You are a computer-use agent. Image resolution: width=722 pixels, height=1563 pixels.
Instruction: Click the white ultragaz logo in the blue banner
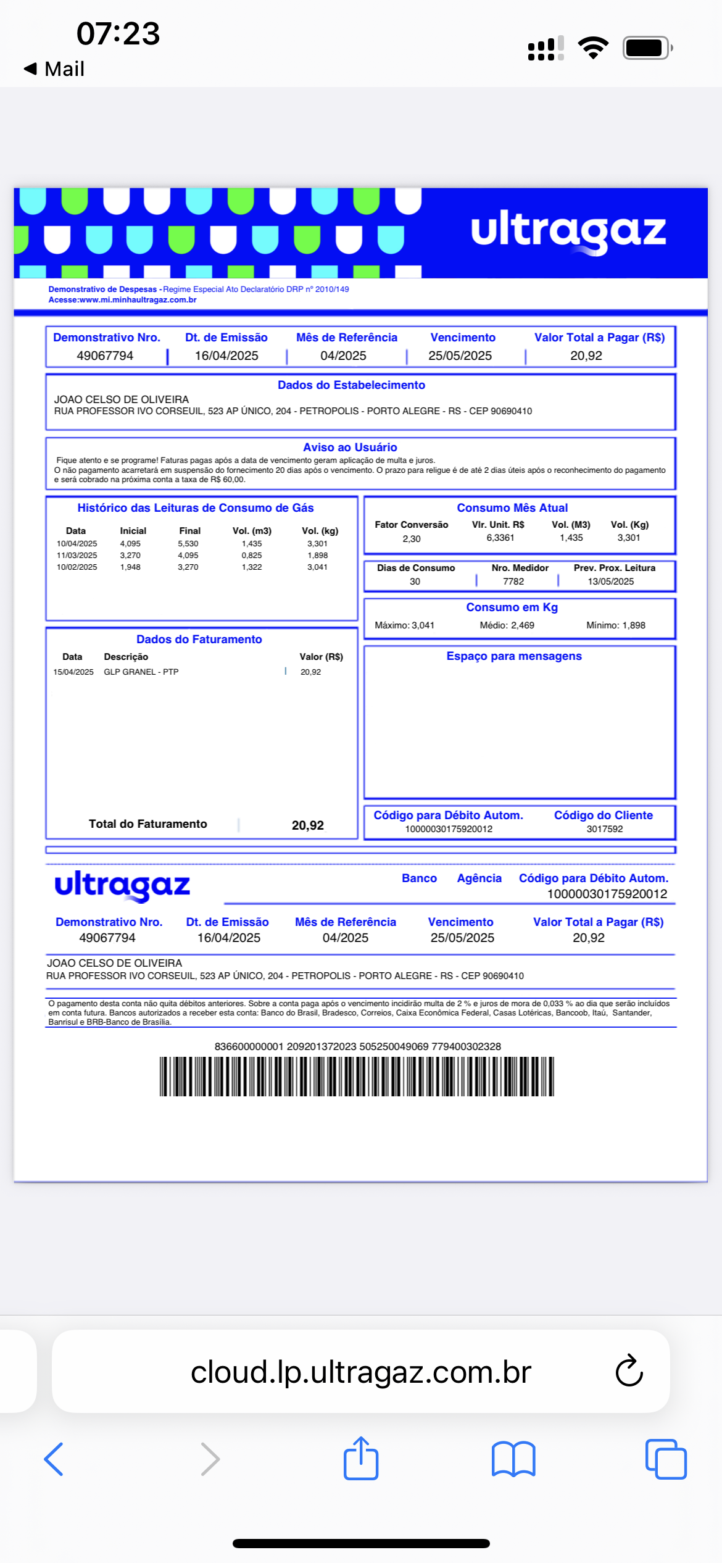[x=568, y=231]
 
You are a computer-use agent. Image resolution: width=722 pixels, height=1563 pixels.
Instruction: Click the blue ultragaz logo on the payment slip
[x=122, y=885]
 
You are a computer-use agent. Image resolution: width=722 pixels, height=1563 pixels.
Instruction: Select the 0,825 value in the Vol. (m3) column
[x=252, y=555]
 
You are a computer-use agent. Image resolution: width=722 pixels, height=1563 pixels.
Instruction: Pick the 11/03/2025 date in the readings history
[x=77, y=555]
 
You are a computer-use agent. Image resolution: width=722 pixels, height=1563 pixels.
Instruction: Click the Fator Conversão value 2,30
[x=412, y=538]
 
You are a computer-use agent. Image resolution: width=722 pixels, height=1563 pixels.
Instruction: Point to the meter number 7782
[x=513, y=581]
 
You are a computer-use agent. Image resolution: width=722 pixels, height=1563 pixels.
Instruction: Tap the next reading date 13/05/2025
[x=610, y=581]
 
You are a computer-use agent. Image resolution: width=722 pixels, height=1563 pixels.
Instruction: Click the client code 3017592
[x=604, y=828]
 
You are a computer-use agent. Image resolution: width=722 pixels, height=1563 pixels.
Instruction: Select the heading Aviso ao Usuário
[x=350, y=447]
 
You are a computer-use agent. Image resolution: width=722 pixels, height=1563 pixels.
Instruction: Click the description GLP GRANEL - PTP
[x=141, y=672]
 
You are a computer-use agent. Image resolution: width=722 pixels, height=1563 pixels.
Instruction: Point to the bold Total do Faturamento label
[x=147, y=823]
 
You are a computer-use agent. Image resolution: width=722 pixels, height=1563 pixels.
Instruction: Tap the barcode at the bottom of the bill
[x=357, y=1076]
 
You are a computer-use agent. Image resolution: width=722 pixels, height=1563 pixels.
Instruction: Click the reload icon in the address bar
[x=629, y=1371]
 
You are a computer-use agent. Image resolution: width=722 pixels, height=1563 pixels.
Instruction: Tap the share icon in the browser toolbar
[x=361, y=1458]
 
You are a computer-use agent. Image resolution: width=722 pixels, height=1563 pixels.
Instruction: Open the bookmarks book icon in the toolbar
[x=513, y=1459]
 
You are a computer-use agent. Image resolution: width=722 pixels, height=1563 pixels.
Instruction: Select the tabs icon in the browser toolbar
[x=665, y=1459]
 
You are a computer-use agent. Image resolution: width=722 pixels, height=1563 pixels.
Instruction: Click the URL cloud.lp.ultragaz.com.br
[x=360, y=1372]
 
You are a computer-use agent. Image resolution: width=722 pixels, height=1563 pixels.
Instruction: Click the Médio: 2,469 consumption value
[x=507, y=625]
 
